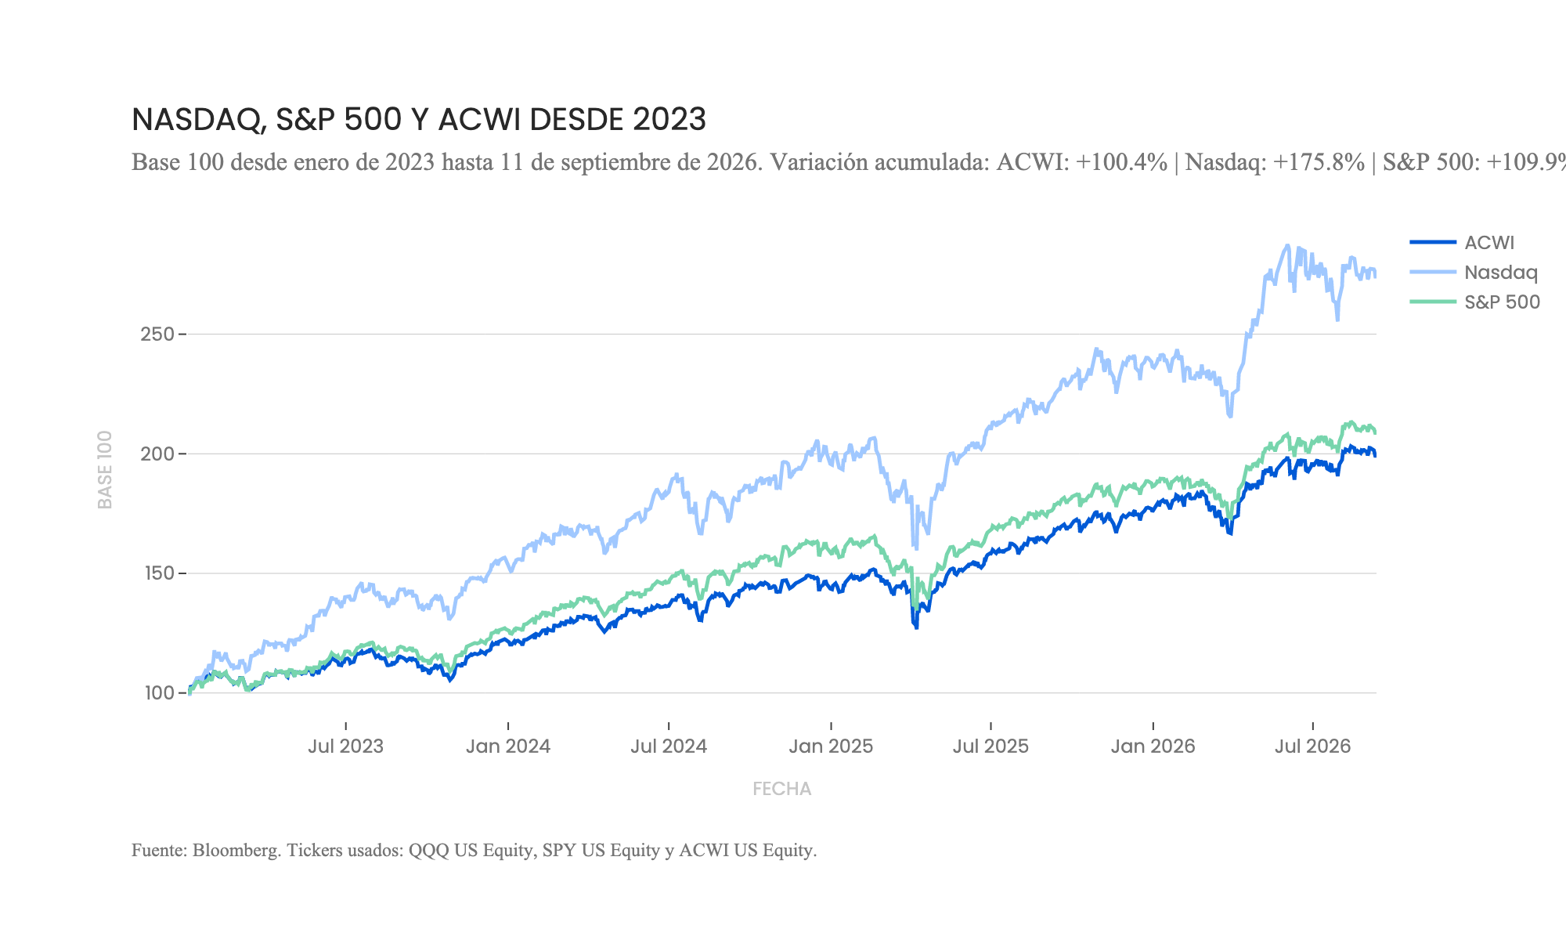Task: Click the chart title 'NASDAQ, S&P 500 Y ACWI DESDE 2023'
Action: tap(419, 120)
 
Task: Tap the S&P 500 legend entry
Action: tap(1475, 302)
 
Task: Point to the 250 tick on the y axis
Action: tap(157, 334)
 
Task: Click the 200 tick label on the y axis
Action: tap(157, 454)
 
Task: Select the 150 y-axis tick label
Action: tap(157, 573)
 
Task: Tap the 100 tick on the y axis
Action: tap(158, 693)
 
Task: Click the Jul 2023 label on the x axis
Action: tap(346, 747)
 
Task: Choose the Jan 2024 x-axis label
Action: tap(508, 747)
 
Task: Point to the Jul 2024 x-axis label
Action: tap(669, 747)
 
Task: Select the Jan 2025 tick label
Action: tap(831, 747)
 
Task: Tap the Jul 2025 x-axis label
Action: tap(990, 747)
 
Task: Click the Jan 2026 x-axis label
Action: tap(1153, 747)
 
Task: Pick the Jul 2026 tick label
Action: tap(1313, 747)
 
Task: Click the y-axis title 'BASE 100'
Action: tap(106, 469)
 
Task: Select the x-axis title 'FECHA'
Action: tap(782, 789)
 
